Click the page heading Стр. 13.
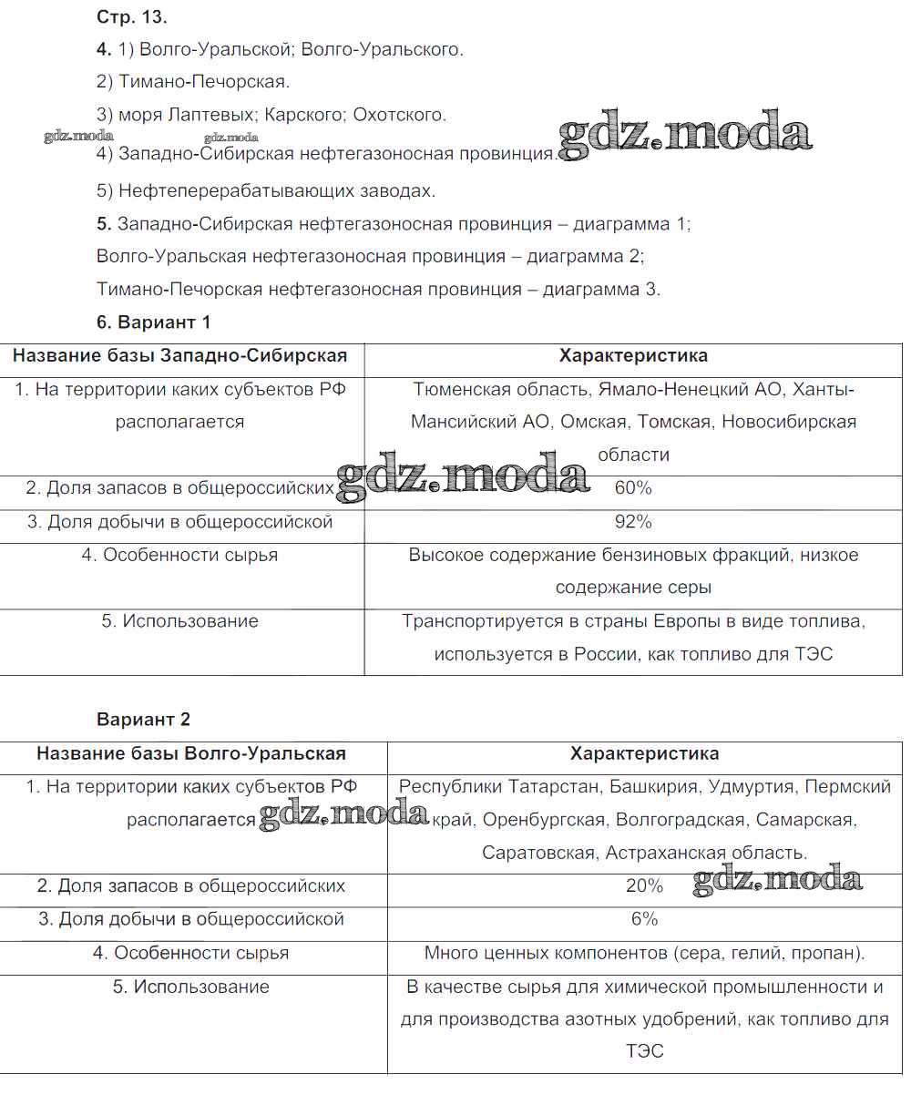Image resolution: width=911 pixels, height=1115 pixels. coord(132,16)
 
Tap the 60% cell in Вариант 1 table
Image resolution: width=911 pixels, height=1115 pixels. coord(633,488)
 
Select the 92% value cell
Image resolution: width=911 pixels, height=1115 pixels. coord(633,522)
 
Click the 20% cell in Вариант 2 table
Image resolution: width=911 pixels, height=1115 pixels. coord(644,885)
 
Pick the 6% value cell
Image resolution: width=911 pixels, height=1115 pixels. coord(644,919)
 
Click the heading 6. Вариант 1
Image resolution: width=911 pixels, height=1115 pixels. coord(153,322)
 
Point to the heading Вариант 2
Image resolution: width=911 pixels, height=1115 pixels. coord(143,720)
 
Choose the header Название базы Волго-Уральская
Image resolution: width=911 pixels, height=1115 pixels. coord(191,753)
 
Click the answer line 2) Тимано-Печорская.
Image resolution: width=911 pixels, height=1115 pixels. coord(193,82)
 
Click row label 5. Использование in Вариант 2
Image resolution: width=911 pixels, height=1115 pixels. coord(191,987)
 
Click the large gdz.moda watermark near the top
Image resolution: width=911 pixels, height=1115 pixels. coord(684,134)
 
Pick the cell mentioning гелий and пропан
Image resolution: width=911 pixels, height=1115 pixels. coord(644,954)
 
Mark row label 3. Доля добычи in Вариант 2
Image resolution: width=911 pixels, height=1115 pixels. coord(191,919)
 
